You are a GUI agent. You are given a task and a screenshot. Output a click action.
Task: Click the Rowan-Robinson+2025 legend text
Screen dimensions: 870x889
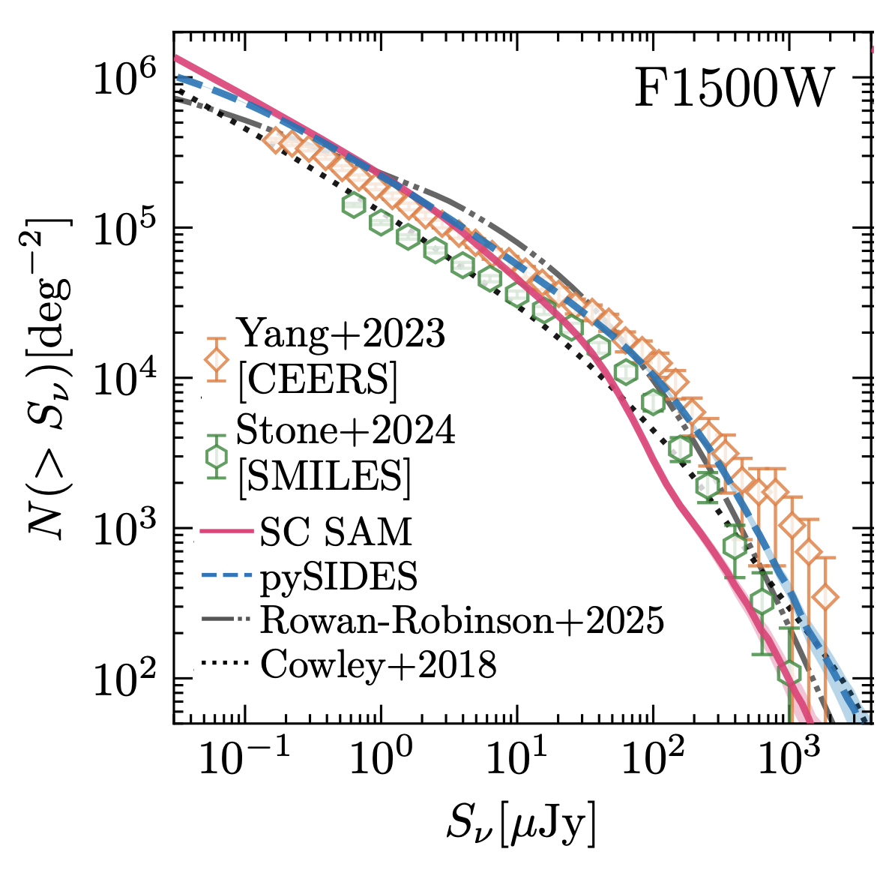(x=462, y=620)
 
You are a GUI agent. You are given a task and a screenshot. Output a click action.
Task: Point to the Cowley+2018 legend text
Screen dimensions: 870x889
(x=378, y=664)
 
